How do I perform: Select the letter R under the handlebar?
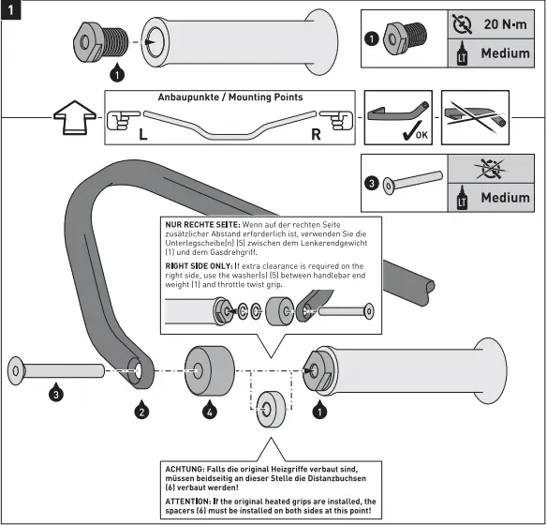click(316, 134)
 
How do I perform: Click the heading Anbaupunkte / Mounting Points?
click(229, 97)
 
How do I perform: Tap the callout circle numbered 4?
click(209, 410)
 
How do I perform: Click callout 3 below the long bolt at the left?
click(55, 395)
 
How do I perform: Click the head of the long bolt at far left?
click(17, 370)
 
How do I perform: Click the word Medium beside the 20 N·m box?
click(505, 53)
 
